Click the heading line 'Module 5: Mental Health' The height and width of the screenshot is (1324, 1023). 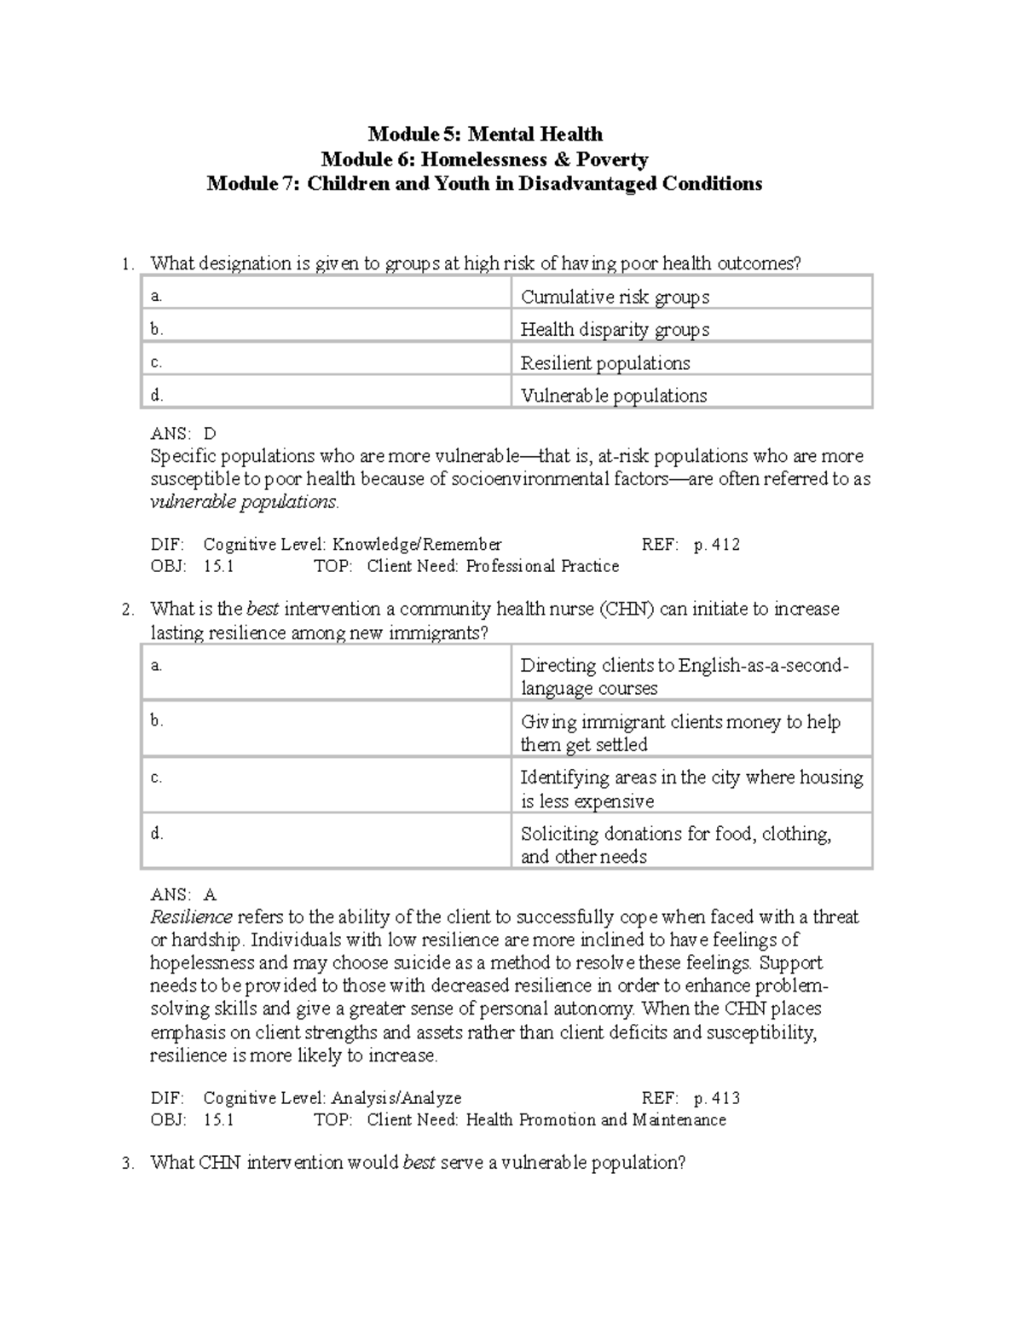484,134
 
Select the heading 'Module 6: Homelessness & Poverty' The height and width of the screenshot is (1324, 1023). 484,159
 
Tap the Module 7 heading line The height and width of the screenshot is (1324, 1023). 484,184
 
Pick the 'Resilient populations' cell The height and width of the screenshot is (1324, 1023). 605,362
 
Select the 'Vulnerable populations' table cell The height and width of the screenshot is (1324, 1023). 614,396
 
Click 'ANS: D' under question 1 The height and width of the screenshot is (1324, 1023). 183,433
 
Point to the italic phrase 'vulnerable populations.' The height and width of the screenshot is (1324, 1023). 244,501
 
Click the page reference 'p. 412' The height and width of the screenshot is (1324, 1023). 716,545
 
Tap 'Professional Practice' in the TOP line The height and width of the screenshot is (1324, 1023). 542,567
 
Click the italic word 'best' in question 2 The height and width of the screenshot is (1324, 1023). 263,609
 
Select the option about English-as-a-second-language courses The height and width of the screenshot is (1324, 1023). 684,676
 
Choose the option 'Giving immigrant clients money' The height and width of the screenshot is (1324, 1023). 680,732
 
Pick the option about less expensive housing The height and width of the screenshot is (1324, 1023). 691,789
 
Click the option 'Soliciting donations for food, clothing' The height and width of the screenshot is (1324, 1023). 675,844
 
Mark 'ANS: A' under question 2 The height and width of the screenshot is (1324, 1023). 183,894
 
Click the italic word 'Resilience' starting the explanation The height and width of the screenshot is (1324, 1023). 191,917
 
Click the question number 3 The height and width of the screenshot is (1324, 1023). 128,1164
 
